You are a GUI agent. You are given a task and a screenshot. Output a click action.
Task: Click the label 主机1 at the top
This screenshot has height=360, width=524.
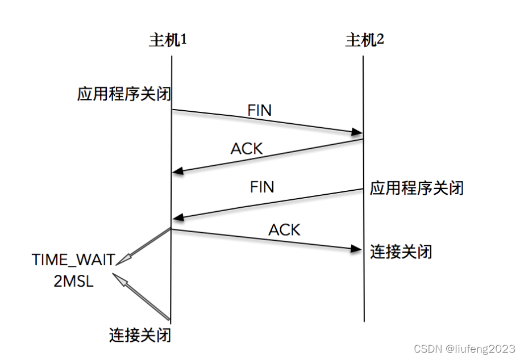point(168,40)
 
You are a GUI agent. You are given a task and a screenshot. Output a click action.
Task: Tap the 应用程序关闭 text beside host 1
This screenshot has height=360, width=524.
point(124,94)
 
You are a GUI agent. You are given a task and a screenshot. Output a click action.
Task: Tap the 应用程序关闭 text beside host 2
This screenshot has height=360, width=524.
point(417,188)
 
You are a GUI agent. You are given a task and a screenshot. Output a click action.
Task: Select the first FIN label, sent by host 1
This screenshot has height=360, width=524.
point(260,110)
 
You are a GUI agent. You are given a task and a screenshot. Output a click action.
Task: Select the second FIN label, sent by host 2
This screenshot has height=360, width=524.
point(262,187)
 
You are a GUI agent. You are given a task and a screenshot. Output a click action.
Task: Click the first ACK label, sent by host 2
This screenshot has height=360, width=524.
point(247,149)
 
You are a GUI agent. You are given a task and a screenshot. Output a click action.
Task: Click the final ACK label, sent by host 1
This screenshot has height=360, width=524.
point(284,229)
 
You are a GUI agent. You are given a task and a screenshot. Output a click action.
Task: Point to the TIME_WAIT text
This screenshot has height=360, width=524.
point(74,260)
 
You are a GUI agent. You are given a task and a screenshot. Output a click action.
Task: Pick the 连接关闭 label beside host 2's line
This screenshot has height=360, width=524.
point(401,251)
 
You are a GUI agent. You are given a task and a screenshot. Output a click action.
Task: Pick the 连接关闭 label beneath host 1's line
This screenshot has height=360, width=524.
point(140,334)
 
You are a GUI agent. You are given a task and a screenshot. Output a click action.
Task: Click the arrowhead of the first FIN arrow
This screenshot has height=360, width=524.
point(357,133)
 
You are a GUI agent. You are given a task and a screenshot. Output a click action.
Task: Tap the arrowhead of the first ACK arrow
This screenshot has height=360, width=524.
point(178,170)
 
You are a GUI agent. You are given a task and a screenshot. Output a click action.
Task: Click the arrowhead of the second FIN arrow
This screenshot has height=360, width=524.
point(178,218)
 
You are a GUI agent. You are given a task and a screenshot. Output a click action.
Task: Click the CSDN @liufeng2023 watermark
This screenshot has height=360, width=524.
point(465,348)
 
